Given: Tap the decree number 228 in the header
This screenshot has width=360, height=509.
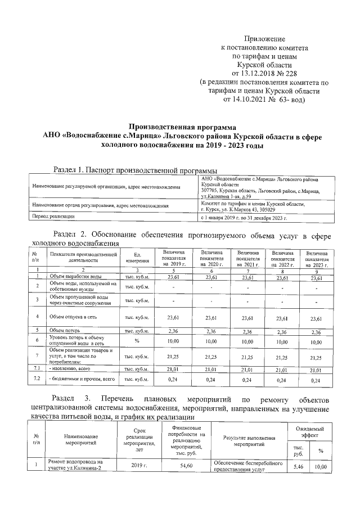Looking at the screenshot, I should pyautogui.click(x=290, y=73).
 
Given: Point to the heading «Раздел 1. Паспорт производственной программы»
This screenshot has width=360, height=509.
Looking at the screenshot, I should pyautogui.click(x=135, y=169).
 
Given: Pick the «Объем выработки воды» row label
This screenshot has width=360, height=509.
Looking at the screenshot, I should pyautogui.click(x=75, y=277).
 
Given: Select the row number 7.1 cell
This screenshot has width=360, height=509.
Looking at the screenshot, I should pyautogui.click(x=36, y=369).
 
